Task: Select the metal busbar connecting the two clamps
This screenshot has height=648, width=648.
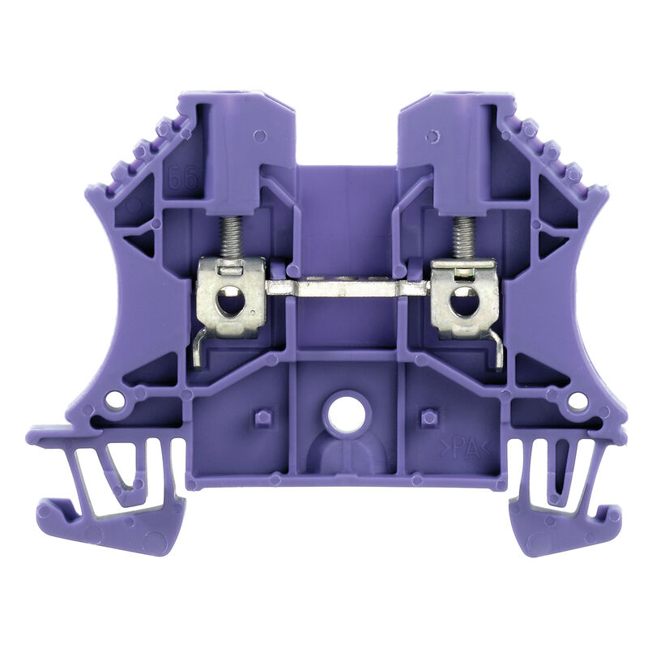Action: pyautogui.click(x=348, y=288)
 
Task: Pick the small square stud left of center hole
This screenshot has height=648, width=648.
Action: pyautogui.click(x=262, y=417)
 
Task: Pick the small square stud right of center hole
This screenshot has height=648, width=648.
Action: pyautogui.click(x=429, y=417)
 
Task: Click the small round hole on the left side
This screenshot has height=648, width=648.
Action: pyautogui.click(x=116, y=399)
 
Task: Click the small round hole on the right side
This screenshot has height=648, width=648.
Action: pyautogui.click(x=577, y=400)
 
